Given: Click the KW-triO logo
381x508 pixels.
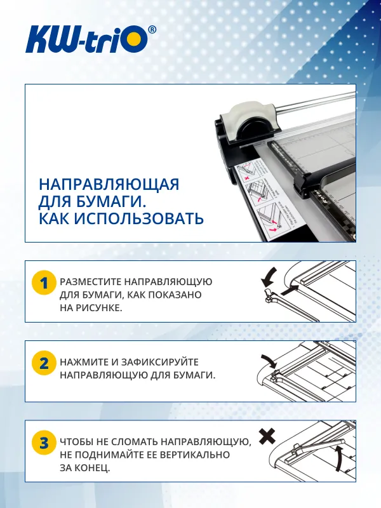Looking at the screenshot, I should click(86, 40).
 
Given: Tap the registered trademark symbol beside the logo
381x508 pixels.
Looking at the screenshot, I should click(152, 30).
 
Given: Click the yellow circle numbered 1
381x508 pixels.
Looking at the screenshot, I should click(44, 284).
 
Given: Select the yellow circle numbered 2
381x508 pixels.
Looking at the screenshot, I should click(44, 364).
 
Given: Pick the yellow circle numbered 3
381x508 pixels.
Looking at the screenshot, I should click(44, 443).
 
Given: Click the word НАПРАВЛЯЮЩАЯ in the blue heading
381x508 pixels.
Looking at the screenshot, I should click(109, 185).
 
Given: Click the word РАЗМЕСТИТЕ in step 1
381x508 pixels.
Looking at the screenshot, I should click(90, 281).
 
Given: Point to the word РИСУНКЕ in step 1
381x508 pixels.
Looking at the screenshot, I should click(98, 308).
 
